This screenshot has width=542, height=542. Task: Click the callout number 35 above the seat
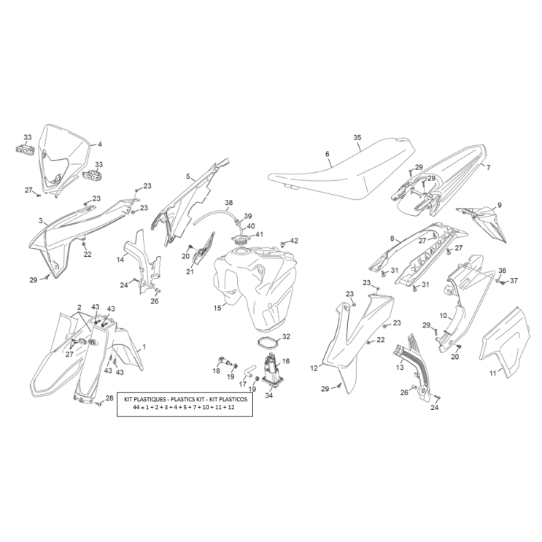tap(357, 137)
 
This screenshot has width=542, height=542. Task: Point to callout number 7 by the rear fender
tap(487, 167)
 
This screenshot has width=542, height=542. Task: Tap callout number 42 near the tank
tap(294, 241)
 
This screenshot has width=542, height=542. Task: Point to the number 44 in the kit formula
tap(136, 409)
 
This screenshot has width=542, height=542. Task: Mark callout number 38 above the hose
tap(228, 202)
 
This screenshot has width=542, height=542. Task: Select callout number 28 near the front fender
tap(109, 398)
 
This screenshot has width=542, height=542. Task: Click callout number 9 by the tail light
tap(500, 205)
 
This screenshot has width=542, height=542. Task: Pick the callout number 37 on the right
tap(513, 281)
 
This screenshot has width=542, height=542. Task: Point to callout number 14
tap(120, 260)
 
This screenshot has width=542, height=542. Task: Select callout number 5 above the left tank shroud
tap(187, 176)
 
